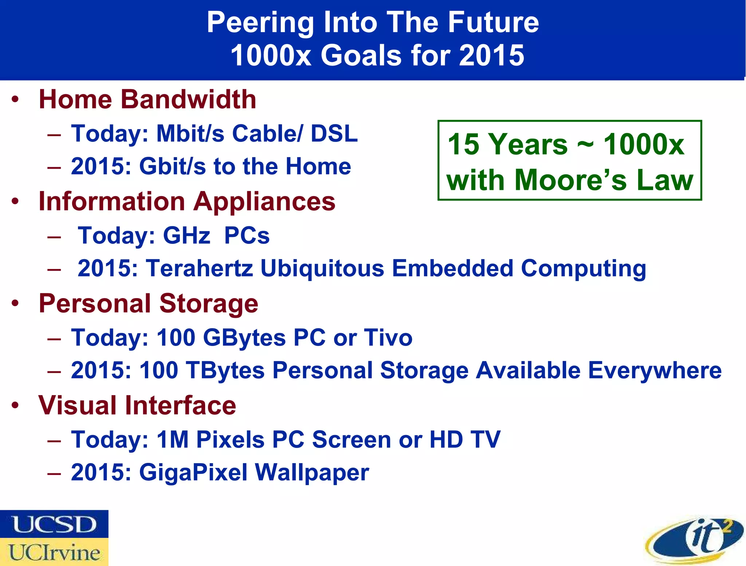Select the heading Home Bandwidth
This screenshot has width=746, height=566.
coord(148,99)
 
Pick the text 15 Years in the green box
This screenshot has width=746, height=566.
coord(507,144)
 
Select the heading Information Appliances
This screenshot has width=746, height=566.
coord(187,202)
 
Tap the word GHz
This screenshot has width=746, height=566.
coord(186,235)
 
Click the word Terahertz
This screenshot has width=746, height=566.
coord(200,269)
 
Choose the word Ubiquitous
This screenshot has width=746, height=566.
coord(322,269)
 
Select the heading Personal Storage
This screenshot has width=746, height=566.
coord(148,303)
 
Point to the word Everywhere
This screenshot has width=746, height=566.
coord(655,370)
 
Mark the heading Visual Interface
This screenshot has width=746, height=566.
coord(137,405)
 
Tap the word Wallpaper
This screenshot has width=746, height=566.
coord(312,472)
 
